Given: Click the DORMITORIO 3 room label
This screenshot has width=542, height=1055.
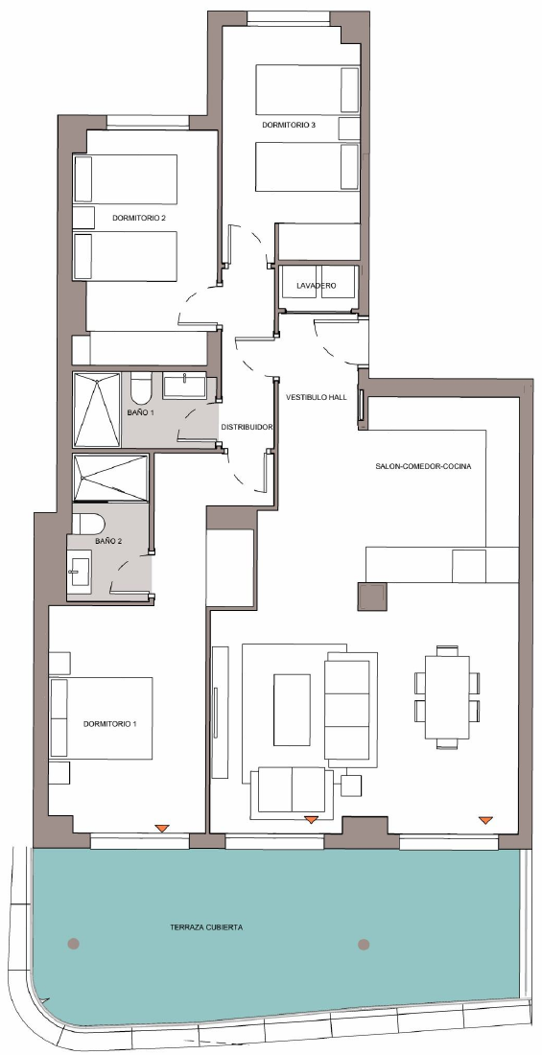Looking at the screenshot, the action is [288, 125].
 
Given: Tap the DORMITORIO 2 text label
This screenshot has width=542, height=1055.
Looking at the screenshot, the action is [139, 218].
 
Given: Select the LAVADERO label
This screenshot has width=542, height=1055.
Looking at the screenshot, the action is [317, 286].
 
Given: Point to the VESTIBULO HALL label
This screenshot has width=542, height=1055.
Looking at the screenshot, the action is [317, 398].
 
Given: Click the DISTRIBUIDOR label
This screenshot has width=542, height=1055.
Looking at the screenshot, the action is [247, 427].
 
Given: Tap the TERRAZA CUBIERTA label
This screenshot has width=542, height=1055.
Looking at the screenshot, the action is [206, 927].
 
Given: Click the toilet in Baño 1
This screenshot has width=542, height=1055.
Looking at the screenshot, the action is [141, 388].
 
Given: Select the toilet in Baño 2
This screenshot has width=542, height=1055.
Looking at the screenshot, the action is [88, 524].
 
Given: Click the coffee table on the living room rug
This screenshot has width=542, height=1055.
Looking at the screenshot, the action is [292, 710].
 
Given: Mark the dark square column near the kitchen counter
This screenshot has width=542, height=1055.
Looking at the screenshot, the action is [371, 597].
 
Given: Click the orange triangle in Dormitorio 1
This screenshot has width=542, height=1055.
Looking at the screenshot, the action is [161, 829].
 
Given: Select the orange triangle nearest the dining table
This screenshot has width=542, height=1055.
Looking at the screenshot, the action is [485, 820].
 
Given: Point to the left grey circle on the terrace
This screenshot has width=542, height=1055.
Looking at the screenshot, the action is [74, 944].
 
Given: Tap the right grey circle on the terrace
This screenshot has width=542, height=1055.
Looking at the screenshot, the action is [364, 945].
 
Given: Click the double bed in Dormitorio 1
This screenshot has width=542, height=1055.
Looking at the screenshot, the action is [101, 718].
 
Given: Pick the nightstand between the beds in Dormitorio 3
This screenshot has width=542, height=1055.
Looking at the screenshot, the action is [349, 128].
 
